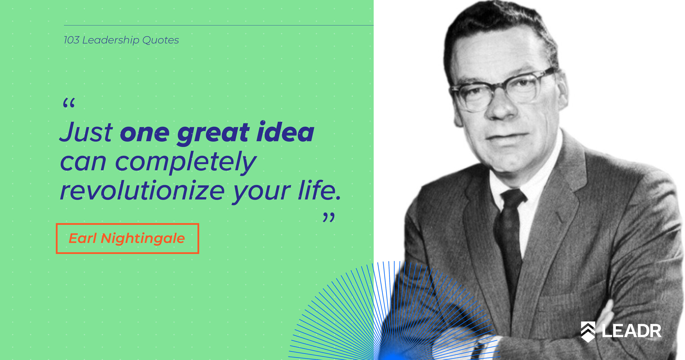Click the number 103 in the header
pyautogui.click(x=72, y=40)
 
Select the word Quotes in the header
pyautogui.click(x=161, y=40)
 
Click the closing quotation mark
pyautogui.click(x=329, y=217)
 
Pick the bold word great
pyautogui.click(x=213, y=134)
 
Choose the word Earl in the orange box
pyautogui.click(x=82, y=238)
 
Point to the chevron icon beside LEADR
pyautogui.click(x=588, y=332)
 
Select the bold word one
pyautogui.click(x=145, y=134)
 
